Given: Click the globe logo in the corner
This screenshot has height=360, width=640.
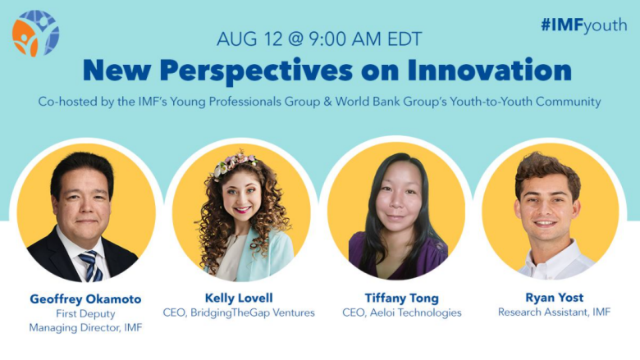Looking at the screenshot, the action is pos(35,34).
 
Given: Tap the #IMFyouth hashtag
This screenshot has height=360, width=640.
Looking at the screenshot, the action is pos(583,25).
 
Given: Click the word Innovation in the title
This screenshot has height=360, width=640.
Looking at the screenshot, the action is pos(489,71).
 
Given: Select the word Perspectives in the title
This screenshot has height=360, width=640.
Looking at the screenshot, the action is pos(256,71).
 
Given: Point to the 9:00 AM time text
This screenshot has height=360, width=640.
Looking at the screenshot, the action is pos(345,39).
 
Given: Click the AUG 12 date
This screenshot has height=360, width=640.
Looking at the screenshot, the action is pos(249,39).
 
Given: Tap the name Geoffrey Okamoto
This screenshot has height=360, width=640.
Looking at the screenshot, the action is pos(85,299).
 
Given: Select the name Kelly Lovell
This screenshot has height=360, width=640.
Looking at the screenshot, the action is pos(239,298).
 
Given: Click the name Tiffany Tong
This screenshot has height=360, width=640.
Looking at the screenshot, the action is pos(401,298).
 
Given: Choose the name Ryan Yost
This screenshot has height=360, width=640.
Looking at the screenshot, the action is pos(555,298).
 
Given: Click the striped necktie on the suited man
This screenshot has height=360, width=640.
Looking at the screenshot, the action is pos(90,266).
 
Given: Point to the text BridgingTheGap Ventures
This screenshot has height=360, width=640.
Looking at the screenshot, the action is pos(253,313).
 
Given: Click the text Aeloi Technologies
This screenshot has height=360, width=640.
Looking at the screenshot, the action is pos(415,312).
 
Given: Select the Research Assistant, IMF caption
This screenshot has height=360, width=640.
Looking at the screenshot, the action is pos(555,312).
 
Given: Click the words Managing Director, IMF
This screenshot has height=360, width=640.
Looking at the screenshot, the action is pos(85,328).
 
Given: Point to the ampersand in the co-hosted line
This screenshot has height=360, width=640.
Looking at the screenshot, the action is pos(327,102).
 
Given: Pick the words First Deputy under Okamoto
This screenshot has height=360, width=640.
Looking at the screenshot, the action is pos(85,314).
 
